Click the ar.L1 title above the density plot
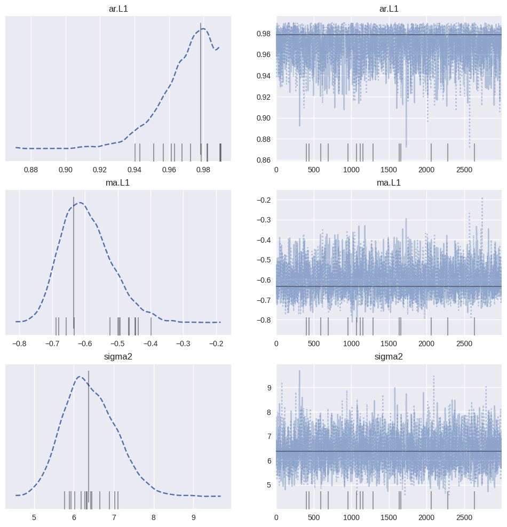(x=118, y=9)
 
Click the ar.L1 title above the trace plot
(x=389, y=9)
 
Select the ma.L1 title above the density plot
(x=118, y=183)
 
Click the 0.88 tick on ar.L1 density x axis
(x=31, y=169)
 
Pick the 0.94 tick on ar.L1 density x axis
(x=134, y=169)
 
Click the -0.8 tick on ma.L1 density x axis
(x=19, y=344)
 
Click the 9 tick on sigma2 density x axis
(x=193, y=517)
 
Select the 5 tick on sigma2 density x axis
(x=34, y=517)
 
